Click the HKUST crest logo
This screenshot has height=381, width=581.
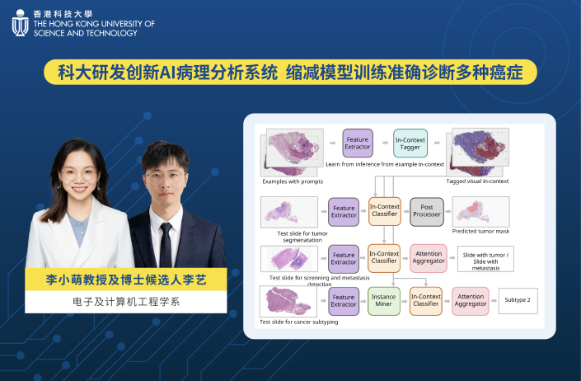tap(20, 23)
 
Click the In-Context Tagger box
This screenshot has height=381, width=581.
tap(410, 143)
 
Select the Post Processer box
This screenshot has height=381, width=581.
tap(427, 212)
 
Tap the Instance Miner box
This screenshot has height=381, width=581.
tap(383, 301)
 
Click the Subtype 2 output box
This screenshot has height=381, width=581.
tap(518, 300)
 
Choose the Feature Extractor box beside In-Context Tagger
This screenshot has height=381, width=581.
tap(358, 143)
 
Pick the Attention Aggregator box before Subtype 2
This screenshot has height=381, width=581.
tap(471, 301)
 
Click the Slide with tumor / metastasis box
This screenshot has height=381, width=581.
tap(485, 259)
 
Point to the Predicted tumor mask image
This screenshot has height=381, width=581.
tap(481, 212)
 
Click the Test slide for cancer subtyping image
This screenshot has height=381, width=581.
tap(288, 301)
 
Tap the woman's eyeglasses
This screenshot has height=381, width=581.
tap(79, 174)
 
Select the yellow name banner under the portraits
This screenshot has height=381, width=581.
tap(126, 280)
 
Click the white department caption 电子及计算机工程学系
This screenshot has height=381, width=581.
tap(126, 302)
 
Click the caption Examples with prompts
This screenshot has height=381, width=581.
tap(293, 181)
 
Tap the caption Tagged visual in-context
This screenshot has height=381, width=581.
tap(477, 181)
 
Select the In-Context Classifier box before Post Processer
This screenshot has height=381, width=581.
tap(385, 212)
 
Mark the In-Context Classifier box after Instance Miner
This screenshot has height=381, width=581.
tap(426, 301)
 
